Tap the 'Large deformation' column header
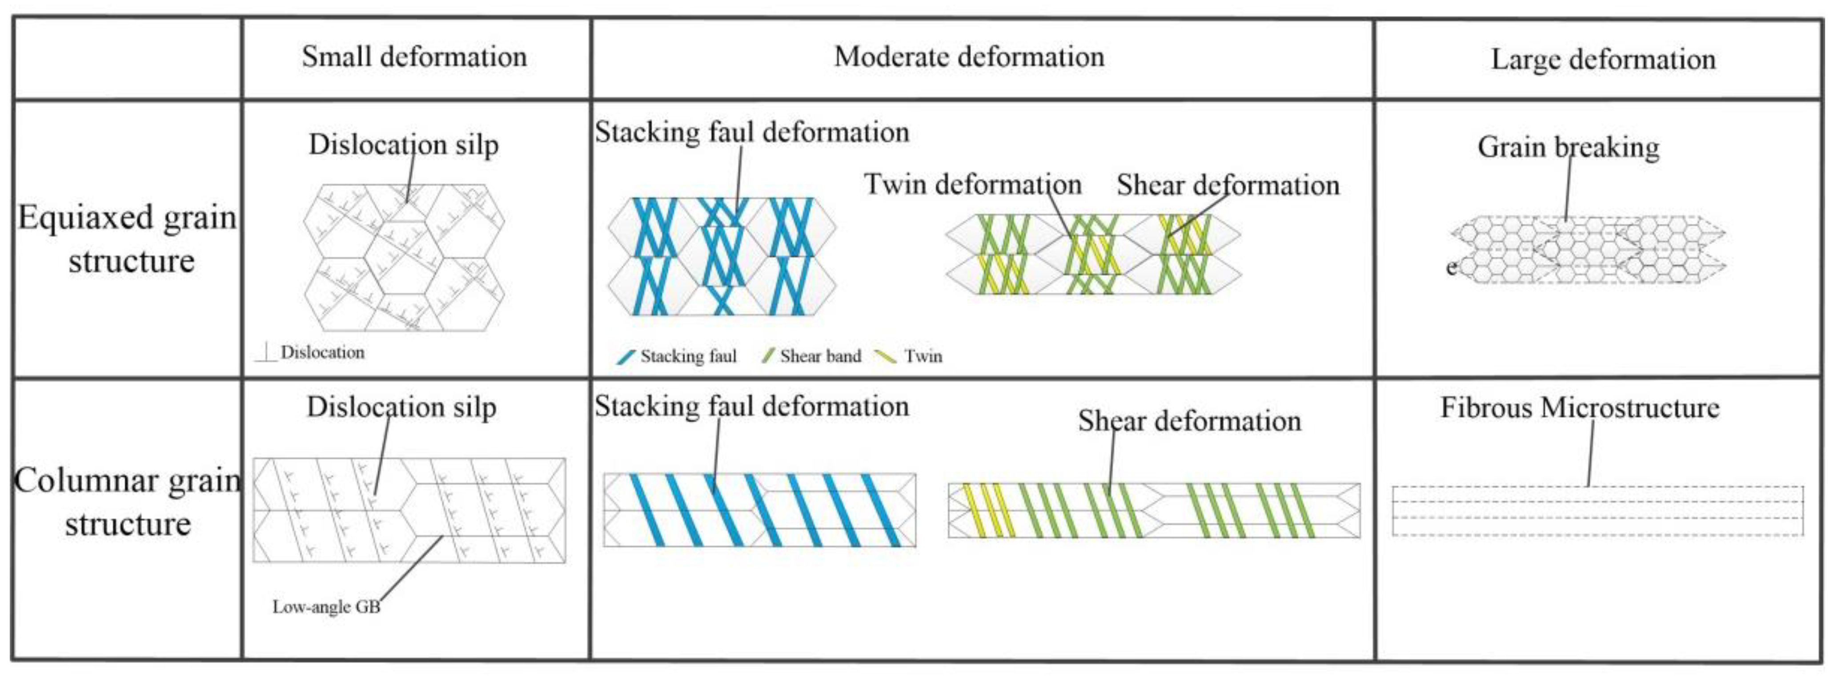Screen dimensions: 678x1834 [x=1603, y=59]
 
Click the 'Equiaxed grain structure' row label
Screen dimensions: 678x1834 [x=128, y=238]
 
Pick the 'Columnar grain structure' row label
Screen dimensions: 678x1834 [x=128, y=502]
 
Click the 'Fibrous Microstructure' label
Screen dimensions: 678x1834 [x=1579, y=408]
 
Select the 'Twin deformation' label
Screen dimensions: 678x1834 [x=972, y=185]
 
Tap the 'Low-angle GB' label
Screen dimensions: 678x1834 [x=326, y=607]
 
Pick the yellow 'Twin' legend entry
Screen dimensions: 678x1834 [x=911, y=356]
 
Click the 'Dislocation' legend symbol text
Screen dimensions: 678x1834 [x=322, y=352]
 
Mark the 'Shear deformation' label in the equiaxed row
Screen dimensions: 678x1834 [x=1228, y=185]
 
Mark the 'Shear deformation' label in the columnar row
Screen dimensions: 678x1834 [x=1189, y=421]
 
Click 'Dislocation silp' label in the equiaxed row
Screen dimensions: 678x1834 [x=403, y=145]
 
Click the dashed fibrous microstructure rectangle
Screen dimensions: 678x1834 [x=1597, y=511]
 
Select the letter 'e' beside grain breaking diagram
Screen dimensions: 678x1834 [x=1451, y=267]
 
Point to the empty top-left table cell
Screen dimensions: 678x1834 [x=128, y=58]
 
